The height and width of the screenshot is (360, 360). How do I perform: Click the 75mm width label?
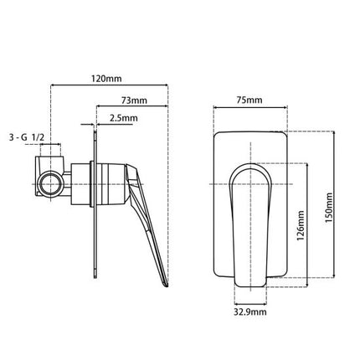(x=249, y=100)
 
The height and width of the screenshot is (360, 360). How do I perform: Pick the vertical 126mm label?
(x=301, y=224)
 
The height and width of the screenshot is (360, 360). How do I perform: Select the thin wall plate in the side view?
(x=97, y=201)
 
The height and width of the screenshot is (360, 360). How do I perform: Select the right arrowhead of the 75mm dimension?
(x=285, y=109)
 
